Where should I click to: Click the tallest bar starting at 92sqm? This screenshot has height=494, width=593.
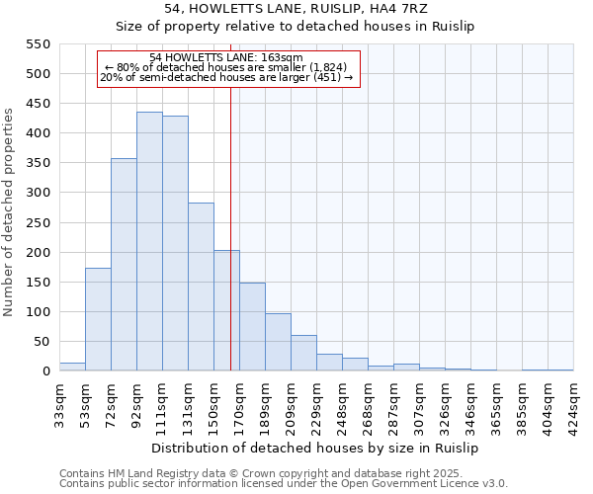click(149, 242)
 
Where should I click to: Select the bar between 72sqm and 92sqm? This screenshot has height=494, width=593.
click(124, 265)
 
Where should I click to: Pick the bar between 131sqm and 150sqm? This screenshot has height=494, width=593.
click(201, 287)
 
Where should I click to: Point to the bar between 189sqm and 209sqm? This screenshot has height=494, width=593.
click(278, 342)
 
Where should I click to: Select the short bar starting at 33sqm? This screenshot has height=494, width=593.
click(72, 367)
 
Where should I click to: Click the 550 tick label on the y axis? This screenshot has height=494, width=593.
click(38, 43)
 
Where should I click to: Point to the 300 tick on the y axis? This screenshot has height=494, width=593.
click(38, 193)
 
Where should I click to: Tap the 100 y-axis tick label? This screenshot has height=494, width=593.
click(38, 312)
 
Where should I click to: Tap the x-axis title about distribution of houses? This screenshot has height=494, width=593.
click(316, 448)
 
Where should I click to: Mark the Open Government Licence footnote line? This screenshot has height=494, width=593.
click(284, 483)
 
